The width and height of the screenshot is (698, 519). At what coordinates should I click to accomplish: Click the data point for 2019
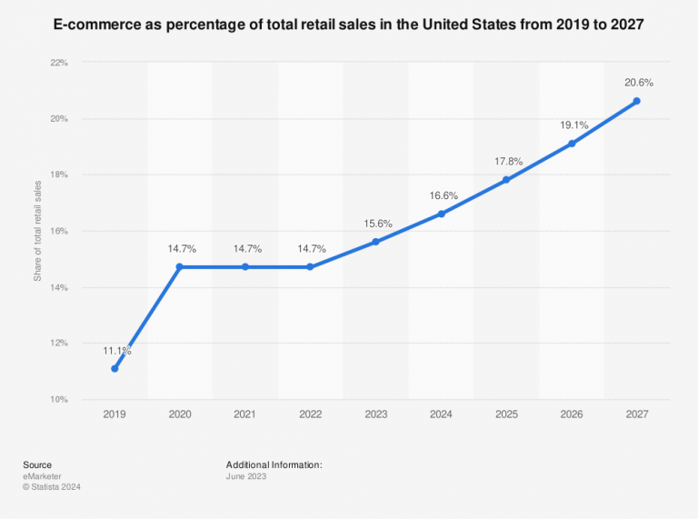tap(115, 368)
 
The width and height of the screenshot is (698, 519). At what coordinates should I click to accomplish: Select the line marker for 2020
tap(180, 266)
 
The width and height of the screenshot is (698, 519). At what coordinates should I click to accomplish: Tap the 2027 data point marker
tap(636, 101)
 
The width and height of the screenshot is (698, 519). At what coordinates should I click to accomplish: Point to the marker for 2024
tap(441, 214)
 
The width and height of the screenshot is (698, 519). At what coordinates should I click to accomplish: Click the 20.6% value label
tap(638, 83)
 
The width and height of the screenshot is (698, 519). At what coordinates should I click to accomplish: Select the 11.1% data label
tap(116, 350)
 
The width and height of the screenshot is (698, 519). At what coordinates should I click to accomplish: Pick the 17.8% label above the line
tap(507, 161)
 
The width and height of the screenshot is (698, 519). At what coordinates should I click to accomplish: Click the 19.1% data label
tap(573, 125)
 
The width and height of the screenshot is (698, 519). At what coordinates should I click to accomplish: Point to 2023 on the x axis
tap(375, 414)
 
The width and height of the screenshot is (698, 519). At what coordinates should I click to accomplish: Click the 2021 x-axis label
tap(245, 414)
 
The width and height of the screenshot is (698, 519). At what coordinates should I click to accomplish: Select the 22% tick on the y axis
tap(58, 63)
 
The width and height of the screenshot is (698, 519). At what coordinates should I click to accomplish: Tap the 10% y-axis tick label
tap(58, 399)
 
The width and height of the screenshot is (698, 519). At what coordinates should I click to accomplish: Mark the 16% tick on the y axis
tap(58, 231)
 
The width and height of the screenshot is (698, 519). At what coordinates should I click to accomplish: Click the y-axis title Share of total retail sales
tap(37, 231)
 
